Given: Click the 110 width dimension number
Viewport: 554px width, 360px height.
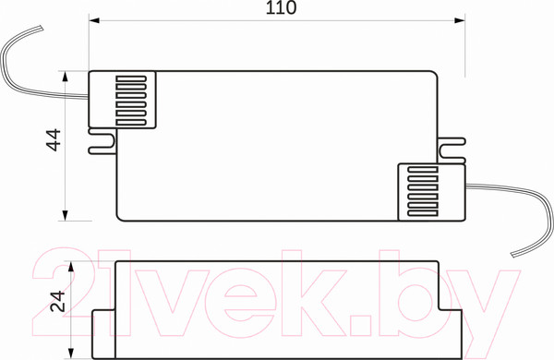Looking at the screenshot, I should click(x=280, y=9).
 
